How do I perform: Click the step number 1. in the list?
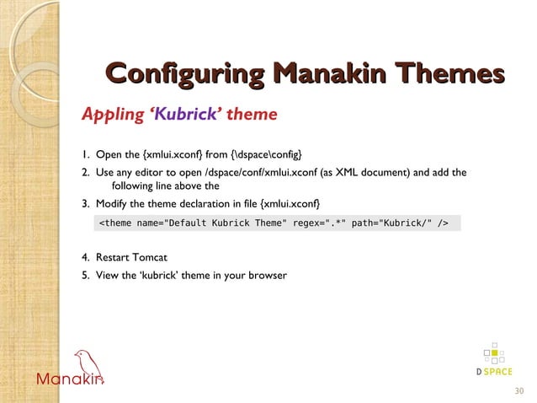86,153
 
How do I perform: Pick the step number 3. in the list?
86,204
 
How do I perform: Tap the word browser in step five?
268,275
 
